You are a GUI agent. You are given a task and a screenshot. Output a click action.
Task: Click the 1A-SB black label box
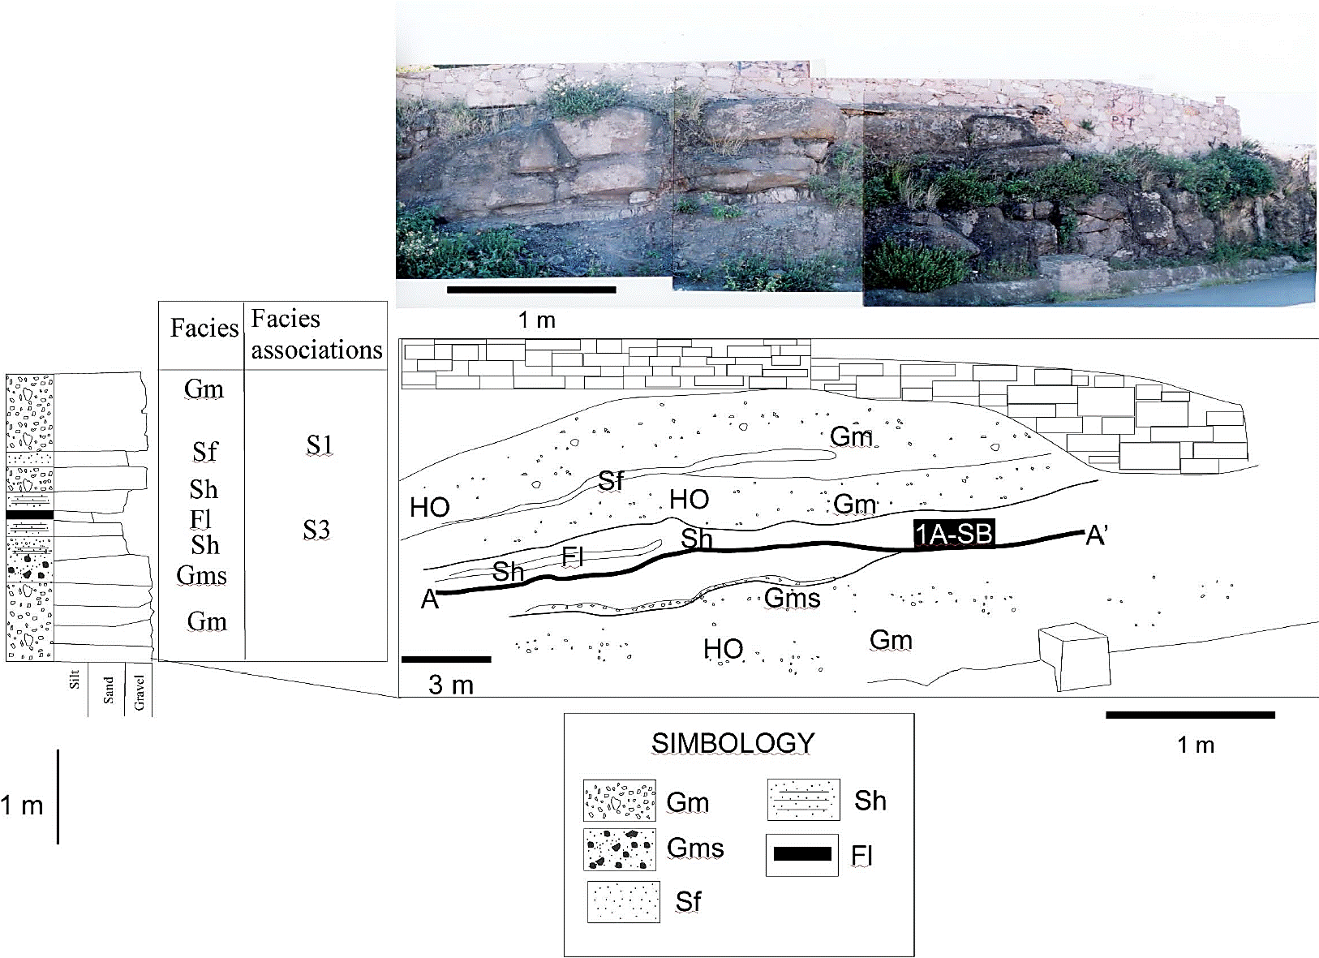point(954,535)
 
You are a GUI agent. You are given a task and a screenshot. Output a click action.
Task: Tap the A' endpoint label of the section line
point(1097,536)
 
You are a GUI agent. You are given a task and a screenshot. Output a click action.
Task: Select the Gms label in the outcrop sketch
point(793,599)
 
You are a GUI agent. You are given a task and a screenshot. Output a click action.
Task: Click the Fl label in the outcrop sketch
point(573,556)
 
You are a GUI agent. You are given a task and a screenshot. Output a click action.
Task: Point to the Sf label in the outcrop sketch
point(611,481)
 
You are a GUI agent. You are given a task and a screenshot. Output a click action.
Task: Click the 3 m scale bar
point(446,659)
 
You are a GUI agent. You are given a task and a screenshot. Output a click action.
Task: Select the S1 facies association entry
point(319,445)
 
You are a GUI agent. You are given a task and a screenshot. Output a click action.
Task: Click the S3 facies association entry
point(316,530)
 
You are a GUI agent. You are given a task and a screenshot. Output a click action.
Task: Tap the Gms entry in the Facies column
point(201,575)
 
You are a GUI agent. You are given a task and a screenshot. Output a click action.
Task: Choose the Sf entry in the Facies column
point(204,451)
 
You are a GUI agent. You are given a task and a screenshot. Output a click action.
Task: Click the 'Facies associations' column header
point(316,334)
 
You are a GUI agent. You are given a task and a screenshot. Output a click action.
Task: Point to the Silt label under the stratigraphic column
point(75,680)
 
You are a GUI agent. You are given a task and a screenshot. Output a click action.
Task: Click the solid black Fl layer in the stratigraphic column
point(29,515)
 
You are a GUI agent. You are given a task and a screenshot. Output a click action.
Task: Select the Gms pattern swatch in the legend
point(620,849)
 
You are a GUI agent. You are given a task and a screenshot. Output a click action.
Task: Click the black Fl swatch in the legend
point(802,854)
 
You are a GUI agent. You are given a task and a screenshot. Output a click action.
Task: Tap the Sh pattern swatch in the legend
point(804,801)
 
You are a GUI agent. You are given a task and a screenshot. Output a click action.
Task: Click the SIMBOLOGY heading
point(733,743)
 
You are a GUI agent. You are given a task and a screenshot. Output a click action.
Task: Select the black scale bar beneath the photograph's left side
point(531,289)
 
